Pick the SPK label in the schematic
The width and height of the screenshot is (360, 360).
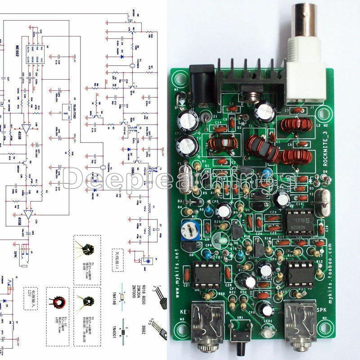pos(15,254)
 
